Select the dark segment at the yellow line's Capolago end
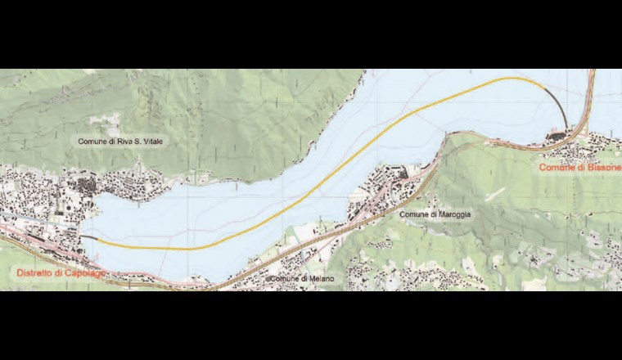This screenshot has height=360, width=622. (89, 238)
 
